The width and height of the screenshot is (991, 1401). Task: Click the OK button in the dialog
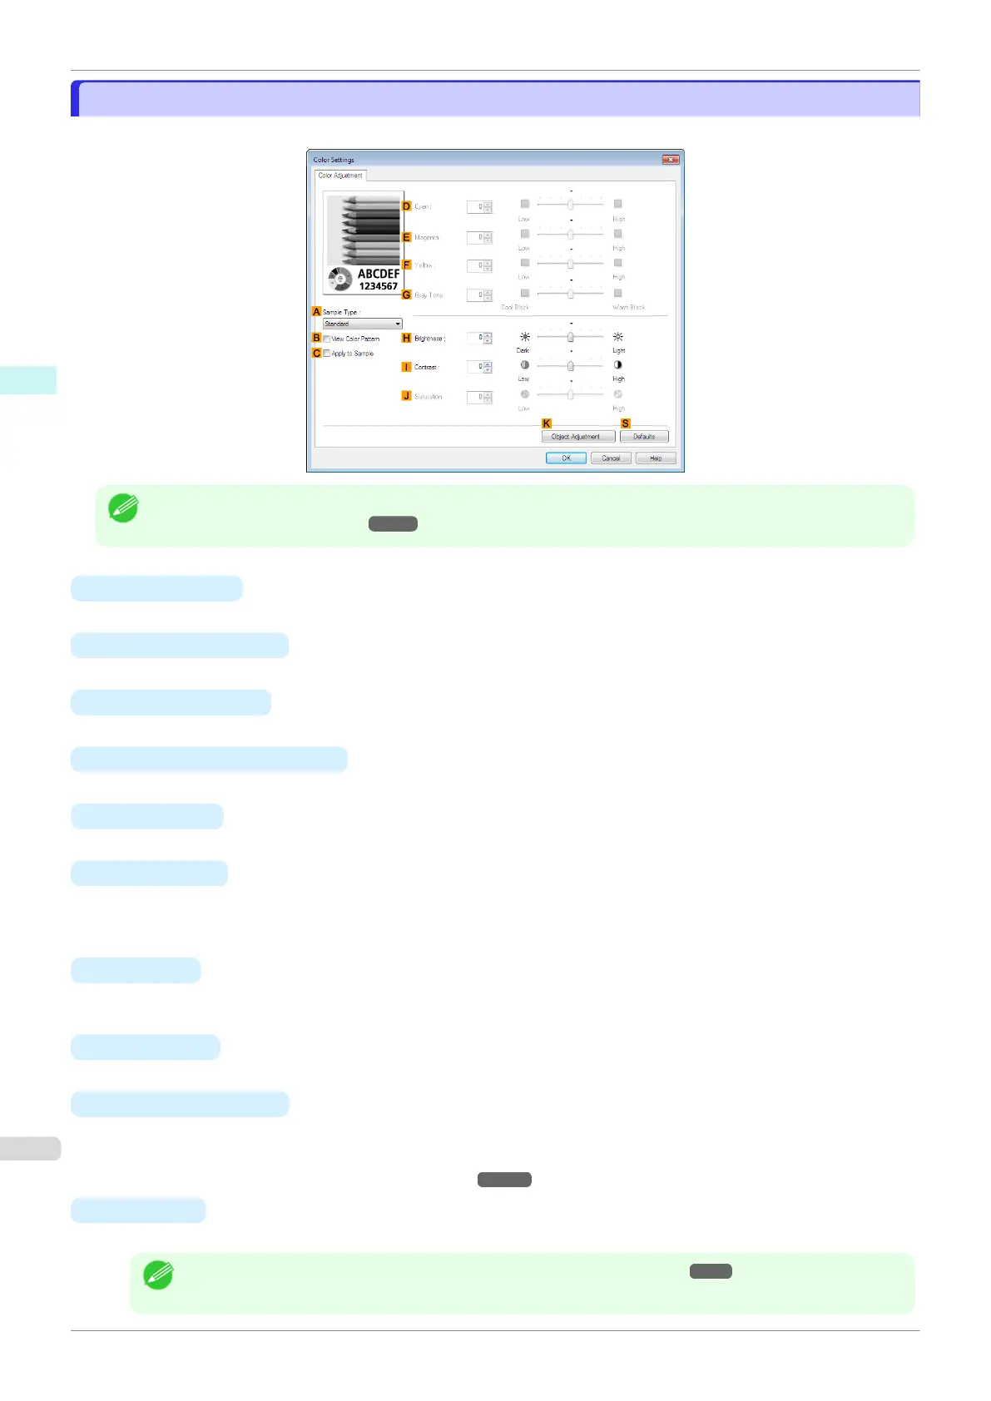point(566,458)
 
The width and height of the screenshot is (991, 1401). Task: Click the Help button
point(656,458)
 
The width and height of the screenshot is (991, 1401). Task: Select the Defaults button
point(644,437)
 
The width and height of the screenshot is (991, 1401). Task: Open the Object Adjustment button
point(577,437)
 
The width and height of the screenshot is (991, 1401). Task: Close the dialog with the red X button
point(670,160)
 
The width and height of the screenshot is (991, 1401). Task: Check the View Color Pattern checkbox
point(327,339)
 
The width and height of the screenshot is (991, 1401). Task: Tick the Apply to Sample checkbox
point(327,354)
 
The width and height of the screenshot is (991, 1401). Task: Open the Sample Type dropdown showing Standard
point(363,324)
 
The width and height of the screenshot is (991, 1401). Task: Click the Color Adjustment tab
point(340,176)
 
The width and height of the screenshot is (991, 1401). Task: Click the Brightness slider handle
point(570,337)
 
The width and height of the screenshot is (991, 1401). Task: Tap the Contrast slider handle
point(570,366)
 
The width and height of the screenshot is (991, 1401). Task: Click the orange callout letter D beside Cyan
point(407,206)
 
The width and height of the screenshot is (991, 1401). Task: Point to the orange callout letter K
point(547,423)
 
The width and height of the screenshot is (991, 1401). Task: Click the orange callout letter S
point(626,423)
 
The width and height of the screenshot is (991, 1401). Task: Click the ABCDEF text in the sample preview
point(379,274)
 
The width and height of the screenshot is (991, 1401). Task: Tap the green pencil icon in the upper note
point(124,508)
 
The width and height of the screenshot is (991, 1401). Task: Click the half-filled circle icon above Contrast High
point(618,365)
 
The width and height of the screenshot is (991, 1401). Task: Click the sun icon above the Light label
point(618,337)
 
